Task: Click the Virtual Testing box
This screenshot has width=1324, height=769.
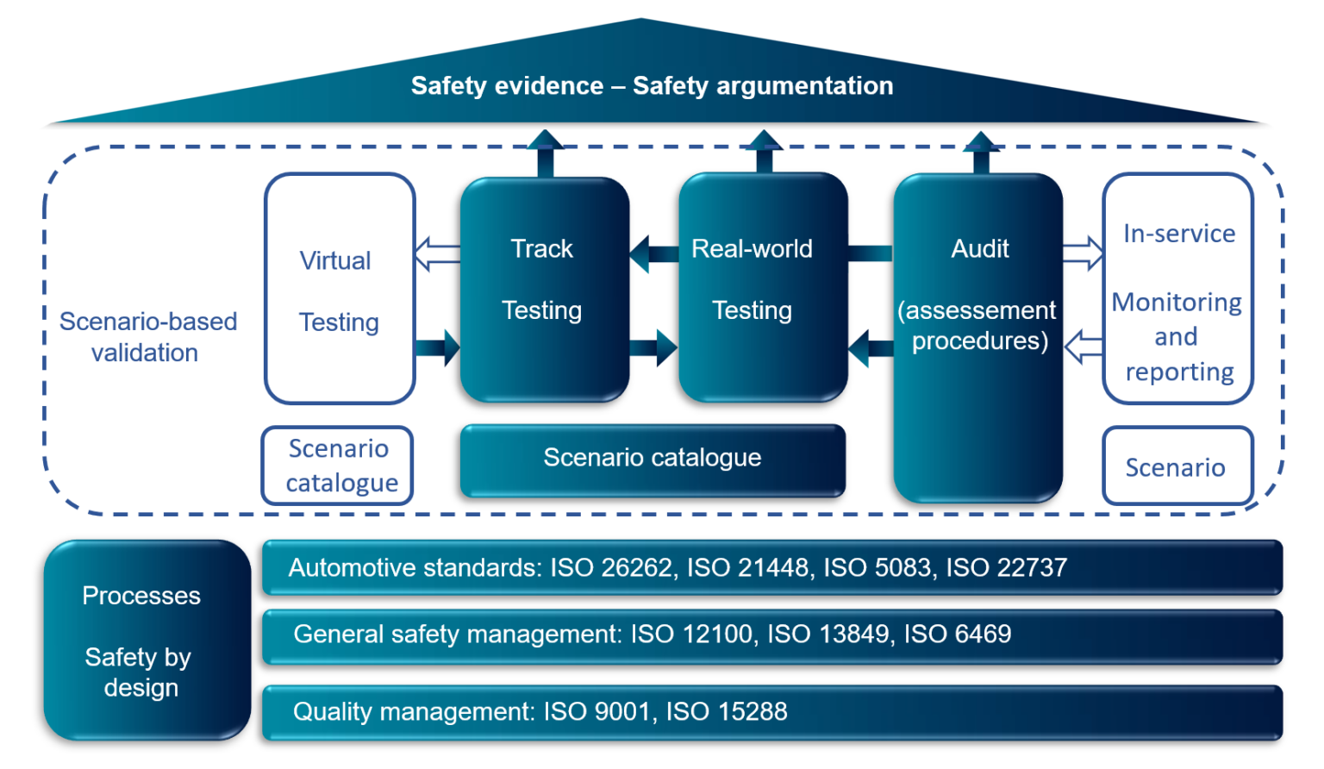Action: [x=340, y=289]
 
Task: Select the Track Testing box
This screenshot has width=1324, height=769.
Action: [x=544, y=289]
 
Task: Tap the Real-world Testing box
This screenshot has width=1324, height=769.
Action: [x=762, y=289]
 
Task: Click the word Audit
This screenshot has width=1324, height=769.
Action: [x=980, y=249]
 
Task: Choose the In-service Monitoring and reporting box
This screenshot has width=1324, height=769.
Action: [x=1177, y=289]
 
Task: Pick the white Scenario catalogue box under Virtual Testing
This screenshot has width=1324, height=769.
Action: [x=338, y=466]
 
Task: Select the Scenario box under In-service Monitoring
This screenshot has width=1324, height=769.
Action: [x=1177, y=466]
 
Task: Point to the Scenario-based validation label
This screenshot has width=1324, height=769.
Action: [x=147, y=337]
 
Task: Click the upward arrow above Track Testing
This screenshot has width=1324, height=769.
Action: [x=545, y=153]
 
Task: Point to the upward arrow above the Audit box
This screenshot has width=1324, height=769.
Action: [x=981, y=153]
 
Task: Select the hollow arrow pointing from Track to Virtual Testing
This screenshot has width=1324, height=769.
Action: [x=437, y=254]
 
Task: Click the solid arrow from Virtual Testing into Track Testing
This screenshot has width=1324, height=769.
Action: [x=438, y=348]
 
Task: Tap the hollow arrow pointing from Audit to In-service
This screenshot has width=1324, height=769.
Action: [x=1083, y=253]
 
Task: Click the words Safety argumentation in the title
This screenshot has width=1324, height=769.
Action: [x=763, y=86]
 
